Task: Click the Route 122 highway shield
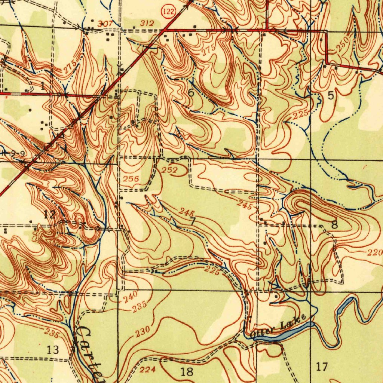point(169,12)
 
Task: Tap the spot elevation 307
point(105,24)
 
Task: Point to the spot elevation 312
point(147,23)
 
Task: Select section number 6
point(191,94)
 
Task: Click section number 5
point(331,96)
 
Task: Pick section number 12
point(49,214)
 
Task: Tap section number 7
point(193,221)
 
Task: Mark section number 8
point(334,225)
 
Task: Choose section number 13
point(53,350)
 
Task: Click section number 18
point(187,372)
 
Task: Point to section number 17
point(322,367)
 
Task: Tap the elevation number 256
point(131,179)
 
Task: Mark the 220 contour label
point(374,253)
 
